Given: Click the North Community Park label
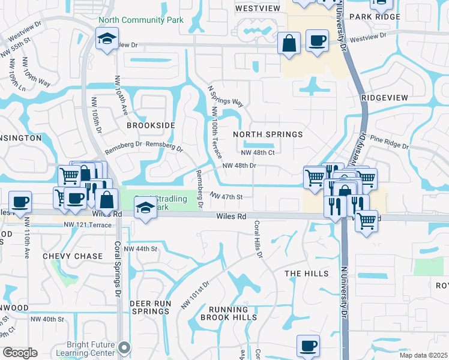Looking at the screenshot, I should point(149,20).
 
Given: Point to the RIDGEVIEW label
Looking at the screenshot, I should point(385,98).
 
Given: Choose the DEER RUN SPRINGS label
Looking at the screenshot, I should point(150,307).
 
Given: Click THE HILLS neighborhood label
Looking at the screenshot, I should point(307,274).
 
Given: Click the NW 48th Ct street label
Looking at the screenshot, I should point(259,152).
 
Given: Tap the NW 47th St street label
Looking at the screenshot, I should point(226,196).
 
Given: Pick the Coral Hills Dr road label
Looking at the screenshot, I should point(259,239).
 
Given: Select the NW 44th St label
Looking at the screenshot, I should point(140,248).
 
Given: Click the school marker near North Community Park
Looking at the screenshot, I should point(107,40).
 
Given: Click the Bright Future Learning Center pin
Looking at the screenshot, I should point(124,347).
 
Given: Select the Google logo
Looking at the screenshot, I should point(20,353).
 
